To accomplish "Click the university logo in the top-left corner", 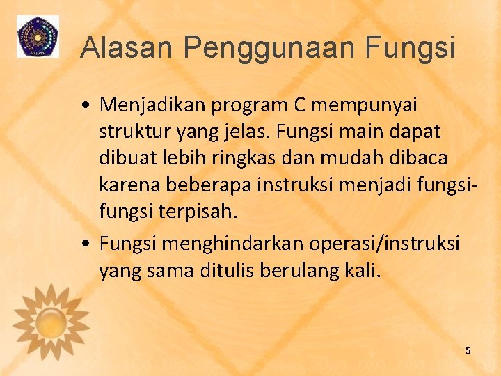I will coord(38,36).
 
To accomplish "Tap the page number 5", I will coord(468,350).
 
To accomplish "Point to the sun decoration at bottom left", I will coord(50,322).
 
